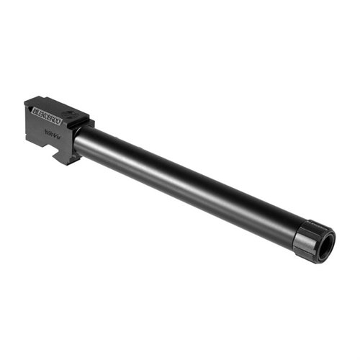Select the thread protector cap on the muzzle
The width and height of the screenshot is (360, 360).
coord(311,240)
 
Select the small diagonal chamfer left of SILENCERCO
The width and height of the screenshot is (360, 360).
coord(28,107)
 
